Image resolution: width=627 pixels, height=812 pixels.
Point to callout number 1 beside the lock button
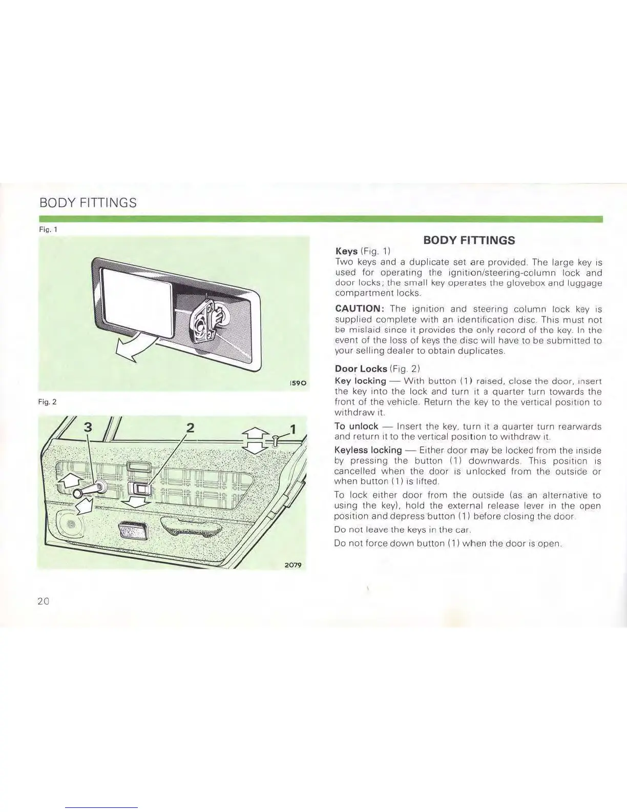293,429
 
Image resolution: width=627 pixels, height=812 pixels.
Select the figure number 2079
292,564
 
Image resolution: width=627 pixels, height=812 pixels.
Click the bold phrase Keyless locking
367,450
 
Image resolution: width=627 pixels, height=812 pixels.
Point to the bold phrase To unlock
356,426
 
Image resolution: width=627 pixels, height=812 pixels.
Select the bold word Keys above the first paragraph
346,251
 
